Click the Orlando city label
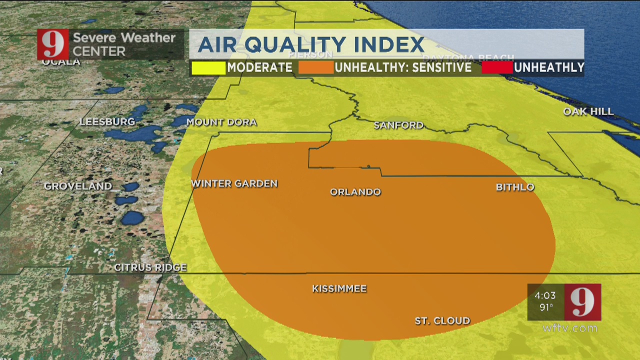pyautogui.click(x=355, y=192)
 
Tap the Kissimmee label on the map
pyautogui.click(x=339, y=289)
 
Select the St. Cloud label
pyautogui.click(x=442, y=321)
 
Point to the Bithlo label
pyautogui.click(x=515, y=187)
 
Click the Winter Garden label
pyautogui.click(x=234, y=184)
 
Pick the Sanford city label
pyautogui.click(x=398, y=125)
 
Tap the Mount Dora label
pyautogui.click(x=221, y=122)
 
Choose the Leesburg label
pyautogui.click(x=107, y=121)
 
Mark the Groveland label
pyautogui.click(x=78, y=186)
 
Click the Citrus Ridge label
pyautogui.click(x=150, y=267)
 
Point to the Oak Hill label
pyautogui.click(x=588, y=111)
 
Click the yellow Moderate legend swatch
pyautogui.click(x=208, y=67)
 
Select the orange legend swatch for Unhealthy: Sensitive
pyautogui.click(x=316, y=67)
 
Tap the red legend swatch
pyautogui.click(x=497, y=67)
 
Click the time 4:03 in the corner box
pyautogui.click(x=545, y=295)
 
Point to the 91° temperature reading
pyautogui.click(x=546, y=307)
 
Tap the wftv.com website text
pyautogui.click(x=570, y=328)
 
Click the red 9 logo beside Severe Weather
pyautogui.click(x=52, y=44)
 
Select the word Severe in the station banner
pyautogui.click(x=95, y=38)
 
